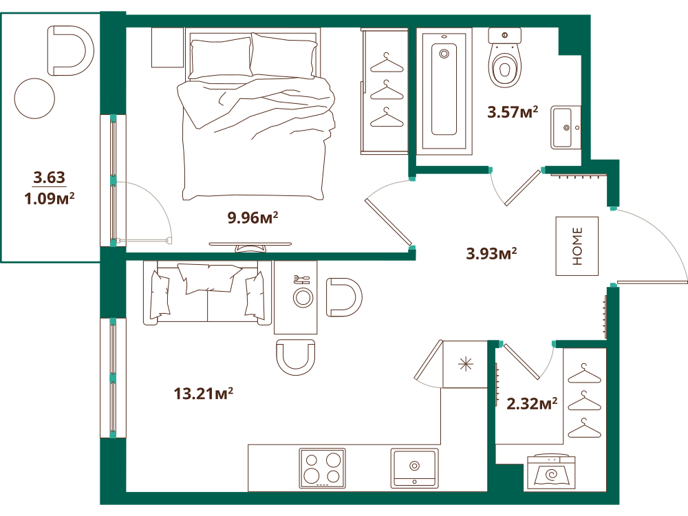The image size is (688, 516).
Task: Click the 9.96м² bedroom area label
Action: (252, 217)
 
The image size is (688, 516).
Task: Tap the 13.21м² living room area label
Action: (203, 393)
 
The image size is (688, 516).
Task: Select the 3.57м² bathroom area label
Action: (513, 112)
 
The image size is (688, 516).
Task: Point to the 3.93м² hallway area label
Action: (491, 253)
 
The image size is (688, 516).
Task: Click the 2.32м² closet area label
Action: (532, 403)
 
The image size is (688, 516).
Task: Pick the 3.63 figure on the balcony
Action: (49, 178)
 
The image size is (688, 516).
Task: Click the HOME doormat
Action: (577, 246)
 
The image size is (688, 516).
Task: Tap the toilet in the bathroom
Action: (504, 58)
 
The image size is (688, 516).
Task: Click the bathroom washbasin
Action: (566, 127)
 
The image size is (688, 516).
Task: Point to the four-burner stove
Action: (323, 468)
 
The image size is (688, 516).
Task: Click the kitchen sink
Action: (414, 468)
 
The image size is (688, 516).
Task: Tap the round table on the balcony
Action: (34, 98)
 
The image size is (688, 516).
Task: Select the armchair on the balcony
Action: (70, 50)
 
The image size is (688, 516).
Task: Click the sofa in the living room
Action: (207, 293)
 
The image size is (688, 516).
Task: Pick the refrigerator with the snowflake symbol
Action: (465, 364)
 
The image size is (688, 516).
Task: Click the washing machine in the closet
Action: (550, 471)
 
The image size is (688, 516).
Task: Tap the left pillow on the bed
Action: (221, 58)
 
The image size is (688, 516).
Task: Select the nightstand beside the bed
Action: (167, 47)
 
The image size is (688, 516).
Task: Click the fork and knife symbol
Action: (301, 279)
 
